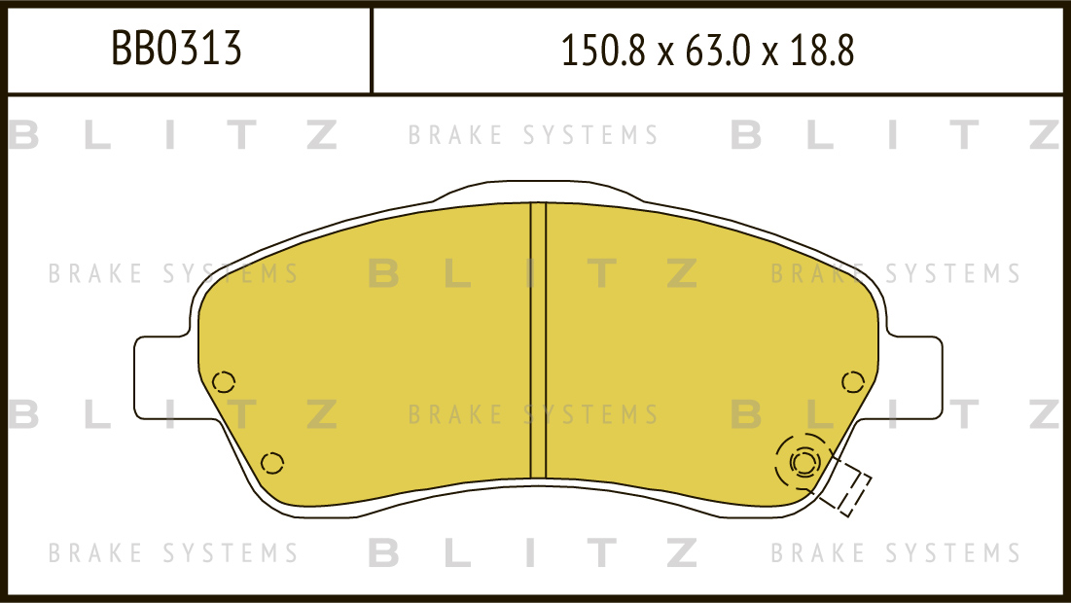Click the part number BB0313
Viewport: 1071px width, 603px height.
tap(176, 49)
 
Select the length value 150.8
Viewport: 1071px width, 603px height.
tap(602, 52)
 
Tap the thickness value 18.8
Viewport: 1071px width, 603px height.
tap(822, 52)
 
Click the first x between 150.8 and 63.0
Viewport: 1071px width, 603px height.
tap(665, 54)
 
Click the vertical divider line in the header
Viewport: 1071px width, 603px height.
tap(371, 51)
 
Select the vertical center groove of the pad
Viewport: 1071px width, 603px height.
tap(538, 340)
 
